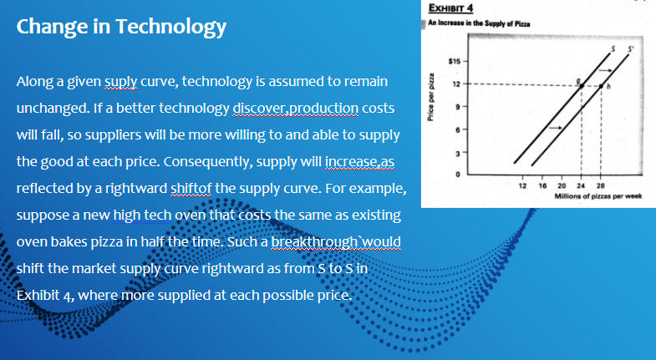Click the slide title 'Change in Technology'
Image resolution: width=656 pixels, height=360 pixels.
pos(121,28)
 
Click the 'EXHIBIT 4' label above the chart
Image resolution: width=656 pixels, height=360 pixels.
pos(447,8)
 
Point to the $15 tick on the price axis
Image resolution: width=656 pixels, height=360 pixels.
pos(455,61)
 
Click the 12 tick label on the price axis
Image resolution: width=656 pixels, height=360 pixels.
pos(456,84)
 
